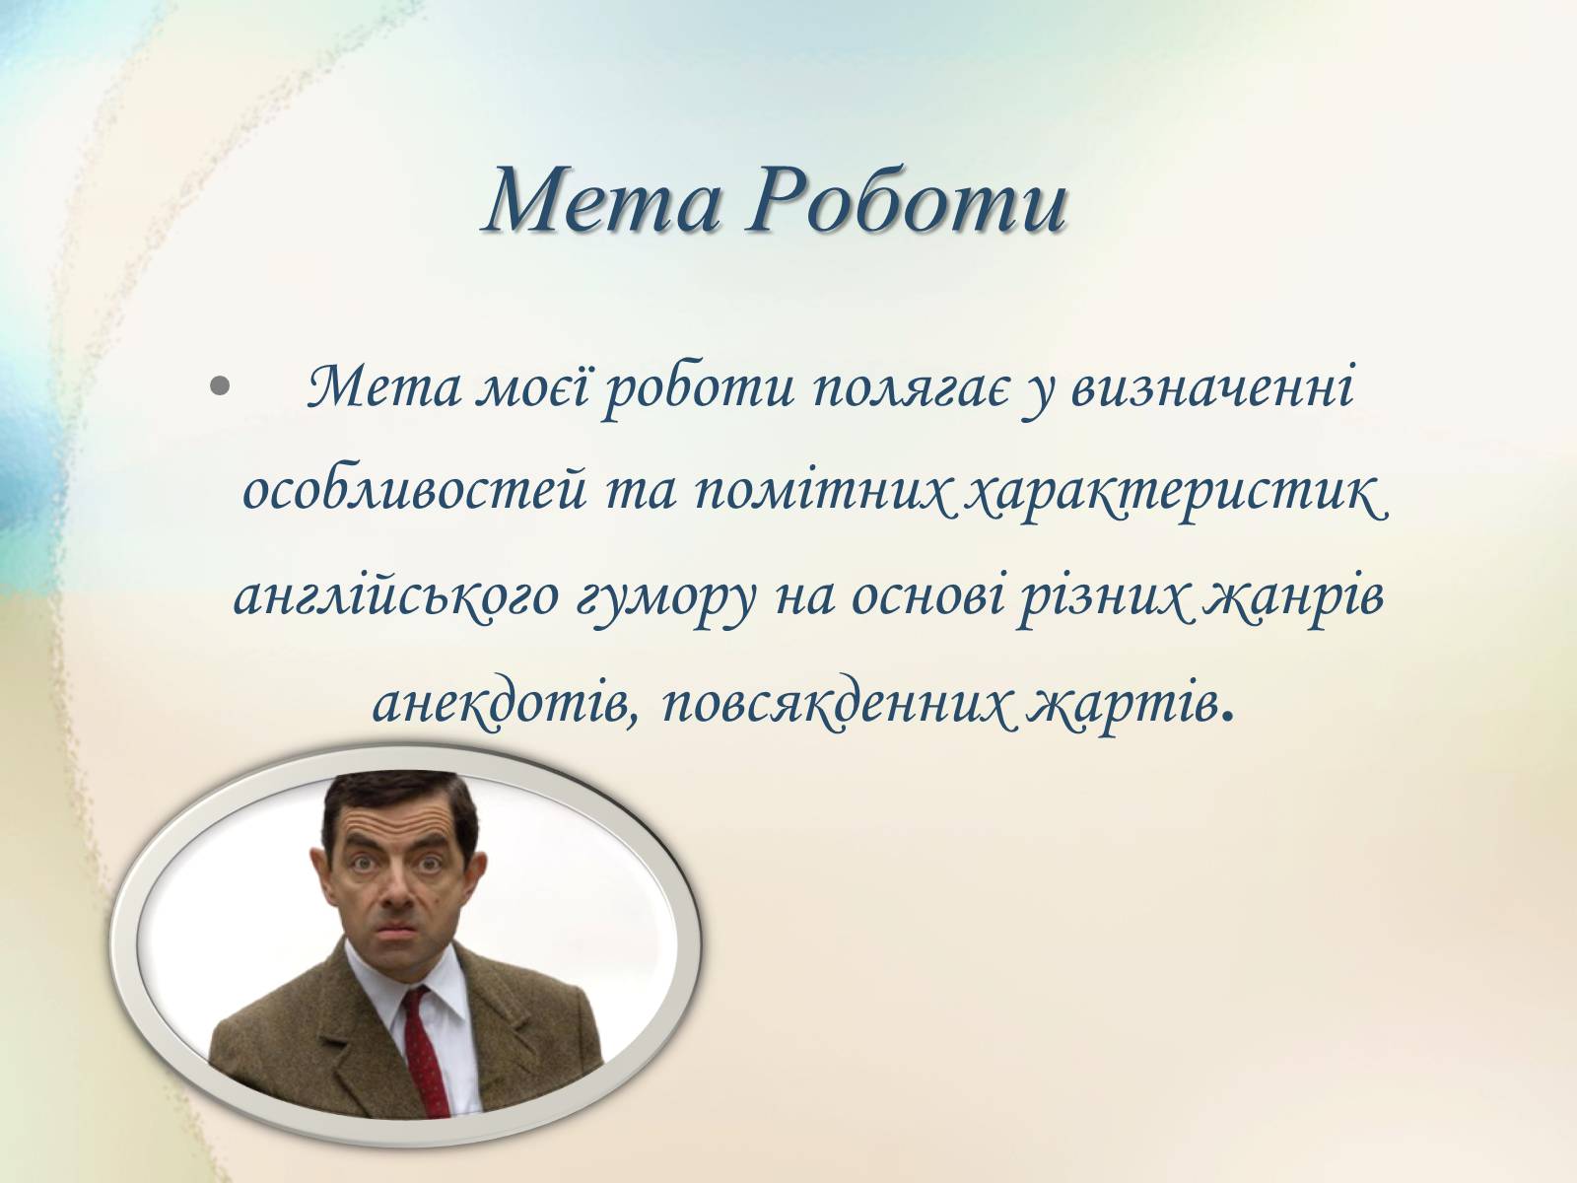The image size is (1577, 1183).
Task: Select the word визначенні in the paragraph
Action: pyautogui.click(x=1212, y=387)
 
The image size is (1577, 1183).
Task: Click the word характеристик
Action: pyautogui.click(x=1176, y=494)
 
